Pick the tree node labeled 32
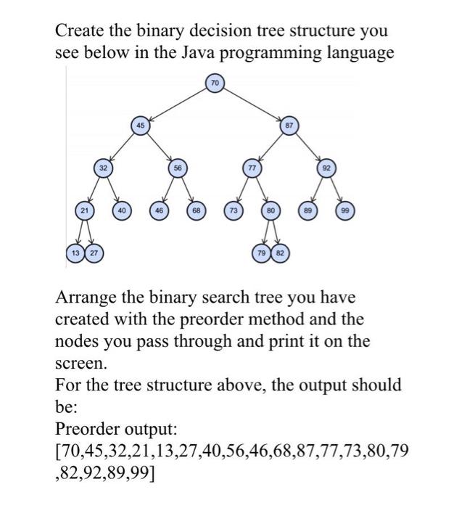pos(104,167)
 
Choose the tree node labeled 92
pos(326,167)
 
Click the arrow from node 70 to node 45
pos(177,103)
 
